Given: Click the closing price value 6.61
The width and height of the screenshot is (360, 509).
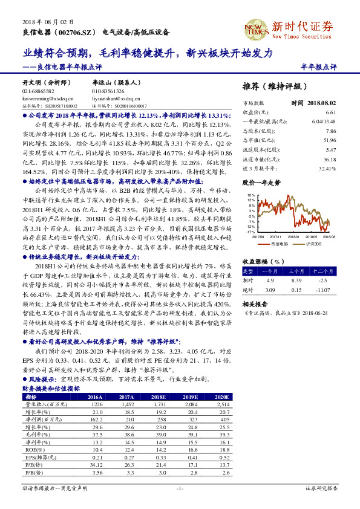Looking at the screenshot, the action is [330, 112].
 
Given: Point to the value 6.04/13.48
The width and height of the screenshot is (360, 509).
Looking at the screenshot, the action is [324, 121].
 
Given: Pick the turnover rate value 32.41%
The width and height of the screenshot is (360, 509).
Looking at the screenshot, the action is [326, 169].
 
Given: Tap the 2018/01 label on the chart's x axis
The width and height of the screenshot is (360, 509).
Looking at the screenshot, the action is [293, 237].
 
